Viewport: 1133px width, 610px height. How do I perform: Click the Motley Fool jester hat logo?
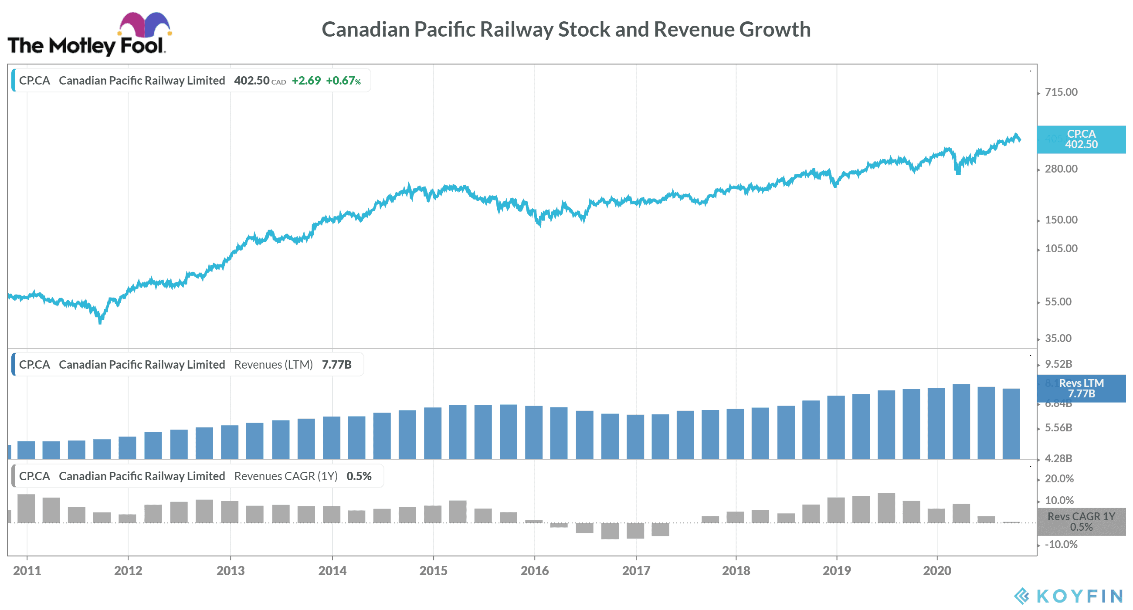pos(144,25)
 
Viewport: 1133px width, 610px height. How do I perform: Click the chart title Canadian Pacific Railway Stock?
pos(566,30)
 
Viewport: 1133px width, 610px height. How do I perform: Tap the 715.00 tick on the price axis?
pos(1061,92)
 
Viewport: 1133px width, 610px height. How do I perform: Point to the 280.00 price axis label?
pos(1061,169)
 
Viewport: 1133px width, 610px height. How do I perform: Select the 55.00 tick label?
pos(1058,302)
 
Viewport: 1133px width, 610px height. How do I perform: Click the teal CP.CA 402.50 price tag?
pos(1081,139)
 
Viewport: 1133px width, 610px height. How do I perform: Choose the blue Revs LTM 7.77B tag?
pos(1081,388)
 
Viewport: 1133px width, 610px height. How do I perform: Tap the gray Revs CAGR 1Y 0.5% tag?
pos(1081,522)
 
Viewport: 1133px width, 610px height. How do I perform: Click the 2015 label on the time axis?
pos(433,571)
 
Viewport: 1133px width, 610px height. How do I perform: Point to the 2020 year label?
pos(937,571)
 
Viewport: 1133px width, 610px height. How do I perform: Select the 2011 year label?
pos(27,571)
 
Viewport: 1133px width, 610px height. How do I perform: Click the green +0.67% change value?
pos(343,81)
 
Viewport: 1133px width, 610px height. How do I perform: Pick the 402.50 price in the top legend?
pos(251,81)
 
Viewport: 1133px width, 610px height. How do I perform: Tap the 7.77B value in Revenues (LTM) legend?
pos(336,365)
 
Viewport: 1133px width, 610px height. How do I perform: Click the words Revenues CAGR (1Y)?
pos(285,476)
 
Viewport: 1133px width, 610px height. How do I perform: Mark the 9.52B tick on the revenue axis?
pos(1058,364)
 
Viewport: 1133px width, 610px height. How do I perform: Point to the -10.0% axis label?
pos(1061,545)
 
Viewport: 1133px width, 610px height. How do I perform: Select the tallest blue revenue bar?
pos(961,421)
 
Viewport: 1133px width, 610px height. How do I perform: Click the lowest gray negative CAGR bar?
pos(610,531)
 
